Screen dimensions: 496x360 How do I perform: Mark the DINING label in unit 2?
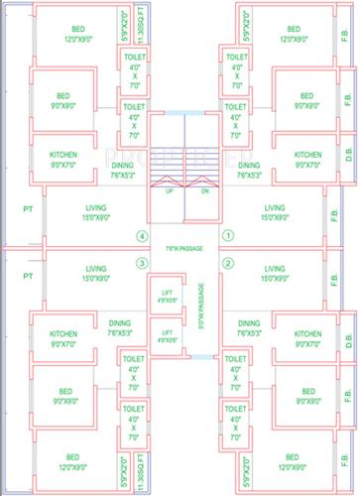[250, 322]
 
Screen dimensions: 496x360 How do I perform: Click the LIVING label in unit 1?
[276, 208]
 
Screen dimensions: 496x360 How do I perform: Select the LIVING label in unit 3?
[95, 268]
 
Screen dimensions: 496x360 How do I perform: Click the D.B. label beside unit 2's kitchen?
[348, 343]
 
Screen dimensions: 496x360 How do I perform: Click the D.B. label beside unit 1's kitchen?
[348, 154]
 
